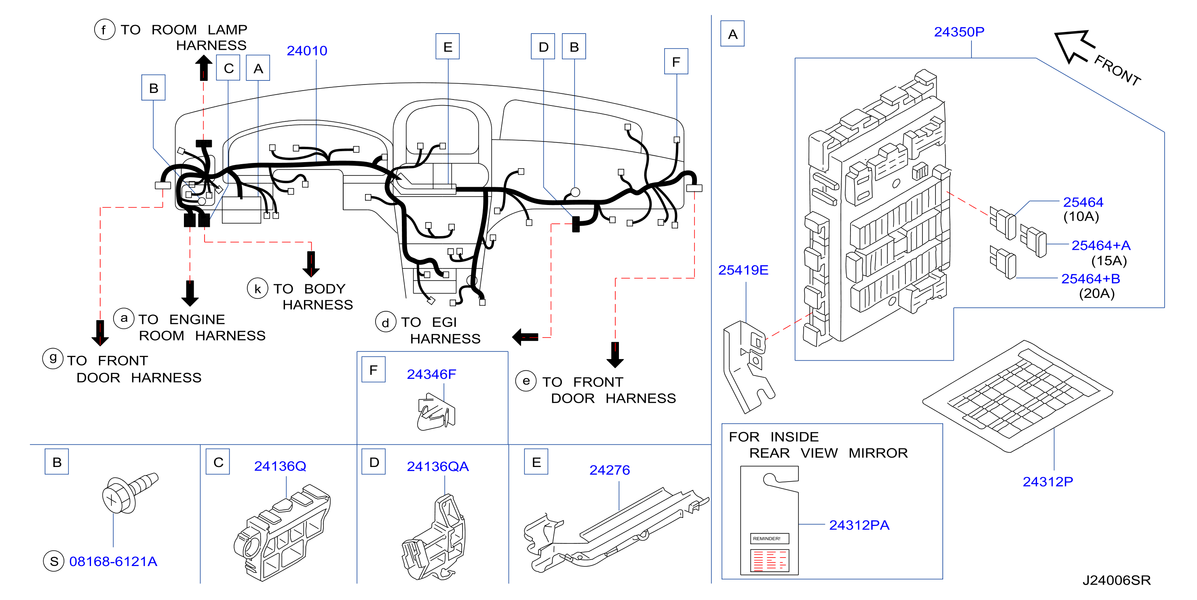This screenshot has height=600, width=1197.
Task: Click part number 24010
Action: pyautogui.click(x=307, y=50)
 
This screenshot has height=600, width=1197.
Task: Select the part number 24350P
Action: pyautogui.click(x=959, y=32)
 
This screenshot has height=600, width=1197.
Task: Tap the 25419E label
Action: pyautogui.click(x=743, y=270)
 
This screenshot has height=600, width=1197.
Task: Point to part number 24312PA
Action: pyautogui.click(x=859, y=525)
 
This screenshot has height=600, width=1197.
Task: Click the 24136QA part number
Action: pyautogui.click(x=438, y=466)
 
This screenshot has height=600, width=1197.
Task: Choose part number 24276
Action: pyautogui.click(x=610, y=470)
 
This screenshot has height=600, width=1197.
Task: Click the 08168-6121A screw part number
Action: pyautogui.click(x=113, y=562)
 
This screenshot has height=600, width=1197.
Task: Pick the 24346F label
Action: pyautogui.click(x=431, y=374)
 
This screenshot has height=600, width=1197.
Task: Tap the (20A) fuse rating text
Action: pyautogui.click(x=1097, y=293)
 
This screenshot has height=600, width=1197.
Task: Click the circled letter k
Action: pyautogui.click(x=258, y=289)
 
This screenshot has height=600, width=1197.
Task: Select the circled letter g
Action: pyautogui.click(x=53, y=358)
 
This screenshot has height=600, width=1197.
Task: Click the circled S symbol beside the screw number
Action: pyautogui.click(x=54, y=562)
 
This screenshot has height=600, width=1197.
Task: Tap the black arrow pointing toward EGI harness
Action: pyautogui.click(x=525, y=337)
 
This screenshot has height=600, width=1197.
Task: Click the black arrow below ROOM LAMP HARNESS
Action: pyautogui.click(x=203, y=68)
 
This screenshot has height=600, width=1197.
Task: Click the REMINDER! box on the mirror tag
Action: pyautogui.click(x=770, y=539)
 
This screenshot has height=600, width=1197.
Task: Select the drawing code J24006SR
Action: pyautogui.click(x=1116, y=580)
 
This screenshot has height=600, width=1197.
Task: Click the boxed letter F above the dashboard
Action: pyautogui.click(x=676, y=61)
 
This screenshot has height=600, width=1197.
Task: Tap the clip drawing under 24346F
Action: pyautogui.click(x=436, y=412)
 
